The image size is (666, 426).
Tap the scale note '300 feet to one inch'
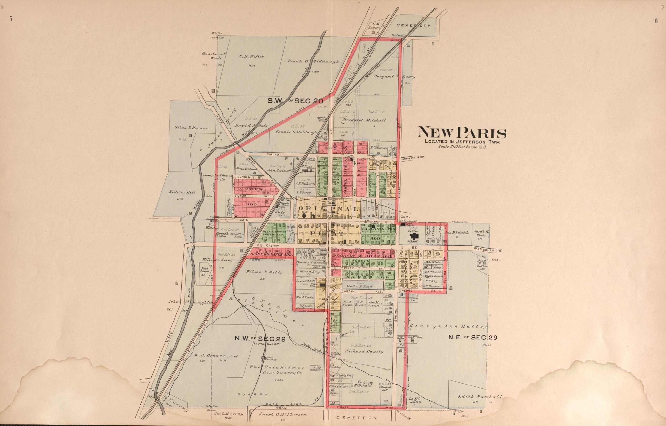tap(463, 147)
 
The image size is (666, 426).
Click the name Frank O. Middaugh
tap(313, 62)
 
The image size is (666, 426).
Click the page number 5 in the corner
tap(11, 19)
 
